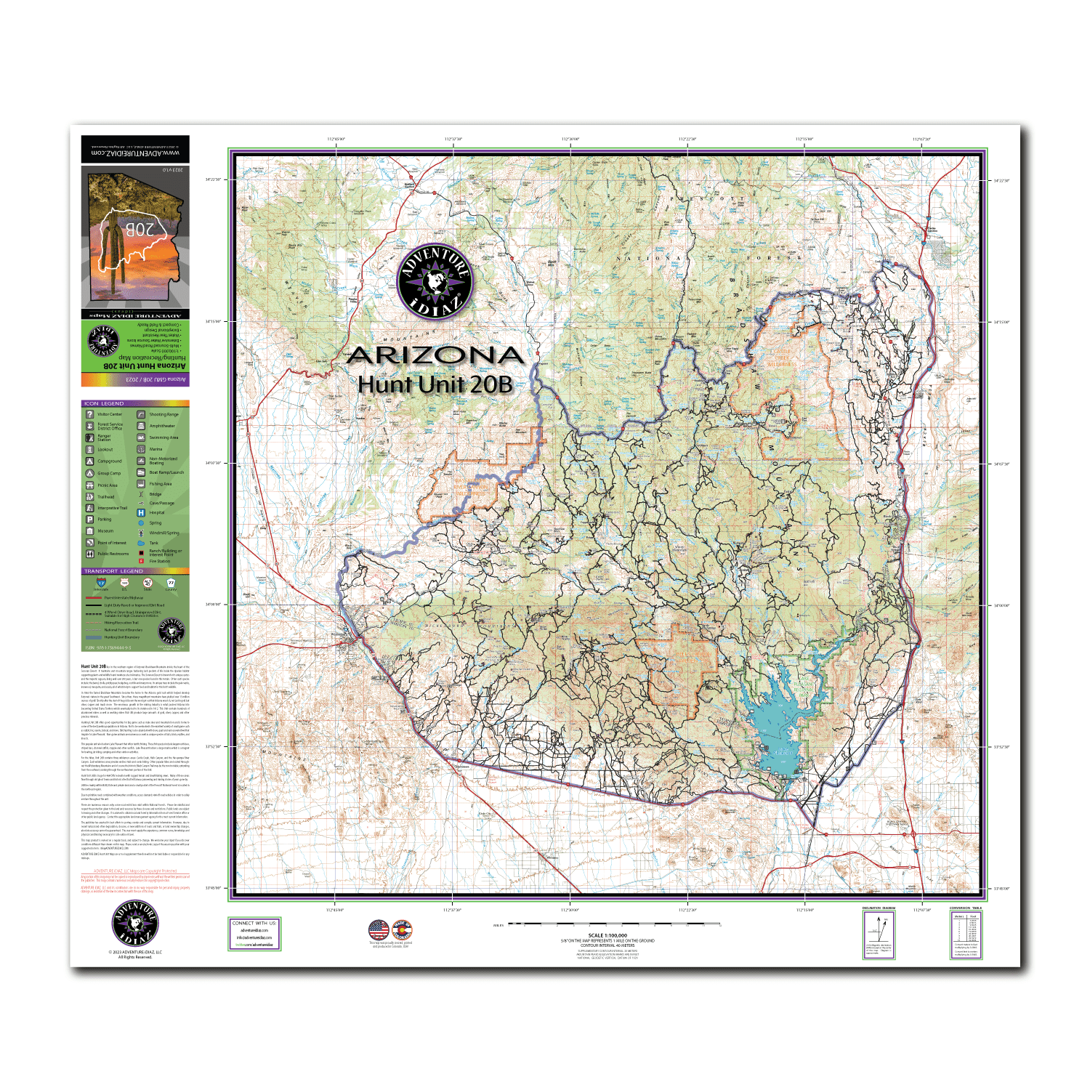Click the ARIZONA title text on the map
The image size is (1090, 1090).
[x=435, y=355]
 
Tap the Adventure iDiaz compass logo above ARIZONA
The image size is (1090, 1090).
[x=435, y=281]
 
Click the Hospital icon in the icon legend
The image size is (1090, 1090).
[x=141, y=512]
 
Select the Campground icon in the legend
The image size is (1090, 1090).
[x=89, y=461]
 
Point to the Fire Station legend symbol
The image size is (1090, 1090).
[x=141, y=561]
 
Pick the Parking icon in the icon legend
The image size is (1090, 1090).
[x=89, y=520]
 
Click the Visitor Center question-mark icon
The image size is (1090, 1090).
[x=89, y=414]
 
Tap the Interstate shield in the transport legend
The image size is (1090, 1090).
[x=101, y=584]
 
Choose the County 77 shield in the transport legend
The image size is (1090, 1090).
[x=171, y=583]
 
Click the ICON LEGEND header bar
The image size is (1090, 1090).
[x=135, y=403]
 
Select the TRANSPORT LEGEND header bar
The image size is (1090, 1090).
[x=135, y=571]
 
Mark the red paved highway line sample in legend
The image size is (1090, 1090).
[x=93, y=598]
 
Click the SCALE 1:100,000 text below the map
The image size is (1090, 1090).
[x=607, y=935]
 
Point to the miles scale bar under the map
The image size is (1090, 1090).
[x=614, y=925]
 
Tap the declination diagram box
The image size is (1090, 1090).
[x=879, y=934]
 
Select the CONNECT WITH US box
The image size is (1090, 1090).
[x=254, y=934]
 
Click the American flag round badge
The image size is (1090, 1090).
[x=379, y=930]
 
